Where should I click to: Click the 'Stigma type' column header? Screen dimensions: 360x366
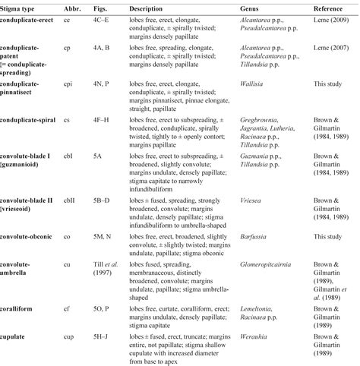22,6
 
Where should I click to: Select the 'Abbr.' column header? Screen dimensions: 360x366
71,6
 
